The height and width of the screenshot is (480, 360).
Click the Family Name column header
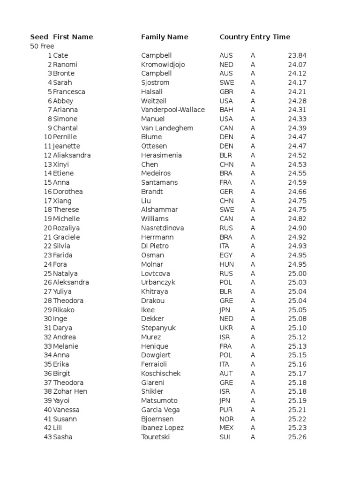pos(165,37)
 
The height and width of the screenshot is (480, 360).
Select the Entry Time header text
pos(280,37)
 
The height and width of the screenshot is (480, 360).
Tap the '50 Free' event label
pos(42,46)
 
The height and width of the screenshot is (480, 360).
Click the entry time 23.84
pos(297,55)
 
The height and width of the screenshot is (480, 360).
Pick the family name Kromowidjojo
pos(163,64)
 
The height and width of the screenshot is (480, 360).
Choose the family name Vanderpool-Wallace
pos(173,110)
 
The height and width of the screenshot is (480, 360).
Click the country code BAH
pos(226,110)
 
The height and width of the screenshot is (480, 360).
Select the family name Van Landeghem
pos(167,128)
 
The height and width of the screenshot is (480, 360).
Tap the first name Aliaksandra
pos(72,155)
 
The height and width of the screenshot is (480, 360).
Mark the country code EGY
pos(226,255)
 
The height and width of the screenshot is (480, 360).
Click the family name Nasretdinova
pos(163,228)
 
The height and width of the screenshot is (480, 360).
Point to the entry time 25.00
pos(297,273)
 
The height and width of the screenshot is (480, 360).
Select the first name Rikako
pos(64,310)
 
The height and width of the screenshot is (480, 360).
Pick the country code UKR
pos(226,328)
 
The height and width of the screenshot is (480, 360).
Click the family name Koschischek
pos(161,374)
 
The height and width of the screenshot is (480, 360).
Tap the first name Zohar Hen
pos(70,391)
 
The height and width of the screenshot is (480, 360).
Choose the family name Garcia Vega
pos(160,410)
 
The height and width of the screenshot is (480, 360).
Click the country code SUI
pos(225,437)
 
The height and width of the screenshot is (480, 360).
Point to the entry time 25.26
pos(297,437)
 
